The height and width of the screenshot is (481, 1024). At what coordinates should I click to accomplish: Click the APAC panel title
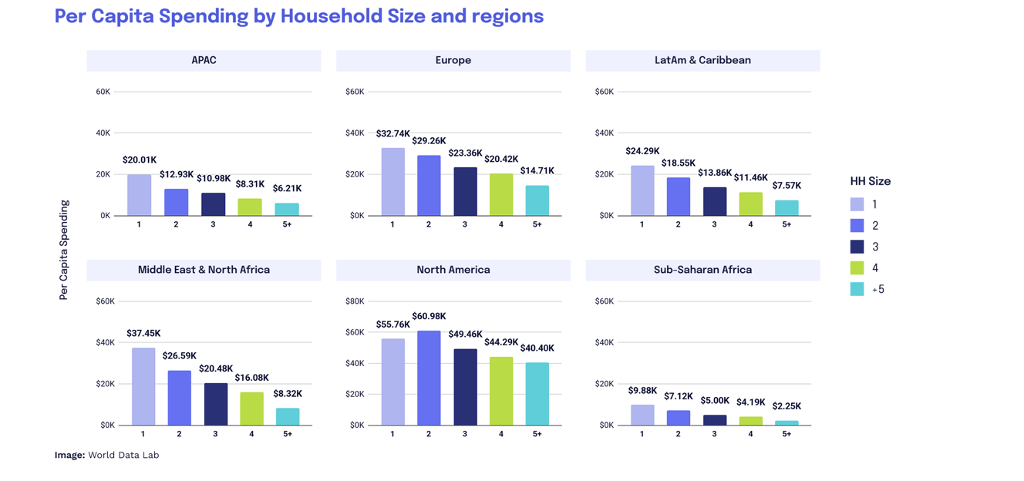(x=204, y=60)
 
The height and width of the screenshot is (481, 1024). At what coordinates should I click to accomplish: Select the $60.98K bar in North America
(x=429, y=378)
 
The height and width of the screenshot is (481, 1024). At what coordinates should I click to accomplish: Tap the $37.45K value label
(x=143, y=334)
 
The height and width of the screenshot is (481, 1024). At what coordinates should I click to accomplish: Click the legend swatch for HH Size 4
(x=857, y=268)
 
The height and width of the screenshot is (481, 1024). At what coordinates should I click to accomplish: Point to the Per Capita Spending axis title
(x=64, y=250)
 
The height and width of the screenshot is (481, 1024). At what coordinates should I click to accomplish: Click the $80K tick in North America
(x=355, y=301)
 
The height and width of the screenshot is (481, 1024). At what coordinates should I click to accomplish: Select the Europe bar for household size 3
(x=465, y=192)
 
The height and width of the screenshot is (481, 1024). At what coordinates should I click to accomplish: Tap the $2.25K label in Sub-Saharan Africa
(x=787, y=406)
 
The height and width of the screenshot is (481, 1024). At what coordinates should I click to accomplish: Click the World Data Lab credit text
(x=123, y=455)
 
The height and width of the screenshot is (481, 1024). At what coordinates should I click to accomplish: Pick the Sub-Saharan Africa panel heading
(x=702, y=270)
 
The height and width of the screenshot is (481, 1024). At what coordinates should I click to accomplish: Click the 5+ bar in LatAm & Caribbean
(x=787, y=207)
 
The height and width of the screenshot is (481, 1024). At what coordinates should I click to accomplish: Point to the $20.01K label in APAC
(x=140, y=160)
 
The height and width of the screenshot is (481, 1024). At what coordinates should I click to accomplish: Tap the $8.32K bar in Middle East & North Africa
(x=288, y=416)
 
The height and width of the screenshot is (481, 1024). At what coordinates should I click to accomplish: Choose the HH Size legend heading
(x=870, y=182)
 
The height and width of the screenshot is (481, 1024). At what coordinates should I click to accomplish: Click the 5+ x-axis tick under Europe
(x=537, y=224)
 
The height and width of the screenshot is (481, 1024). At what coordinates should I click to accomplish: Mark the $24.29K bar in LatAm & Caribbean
(x=642, y=190)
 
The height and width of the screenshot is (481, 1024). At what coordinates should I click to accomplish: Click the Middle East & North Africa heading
(x=204, y=270)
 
